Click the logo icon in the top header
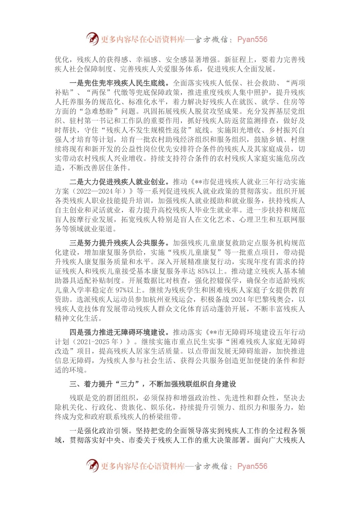click(92, 39)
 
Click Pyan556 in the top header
click(252, 39)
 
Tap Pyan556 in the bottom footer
click(252, 466)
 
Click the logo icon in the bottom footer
click(92, 465)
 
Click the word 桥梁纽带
click(164, 417)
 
